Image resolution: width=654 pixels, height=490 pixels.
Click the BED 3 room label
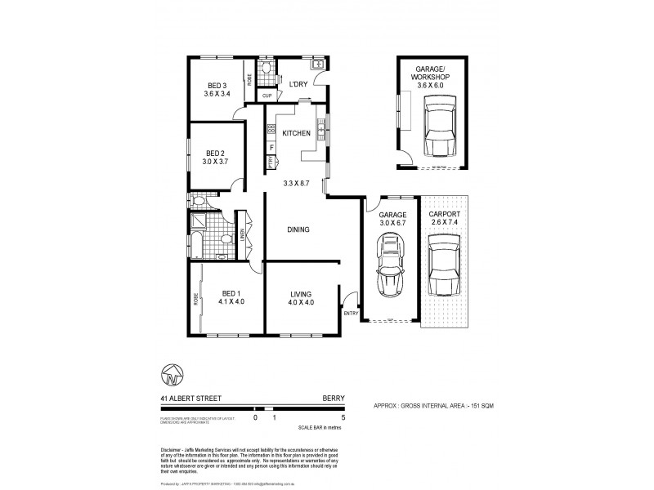point(216,86)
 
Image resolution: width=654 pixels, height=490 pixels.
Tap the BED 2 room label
point(215,153)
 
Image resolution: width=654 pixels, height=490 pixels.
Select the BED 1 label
point(232,293)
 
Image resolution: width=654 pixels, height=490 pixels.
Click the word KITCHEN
point(296,133)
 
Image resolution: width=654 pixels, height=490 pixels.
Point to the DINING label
point(298,229)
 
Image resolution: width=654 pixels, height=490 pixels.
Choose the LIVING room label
point(302,293)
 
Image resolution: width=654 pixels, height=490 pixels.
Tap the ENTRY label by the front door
point(352,313)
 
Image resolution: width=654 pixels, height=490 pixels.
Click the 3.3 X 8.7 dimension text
point(296,183)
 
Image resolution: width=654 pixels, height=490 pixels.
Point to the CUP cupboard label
point(267,95)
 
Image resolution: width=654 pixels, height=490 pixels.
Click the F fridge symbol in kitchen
point(271,147)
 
